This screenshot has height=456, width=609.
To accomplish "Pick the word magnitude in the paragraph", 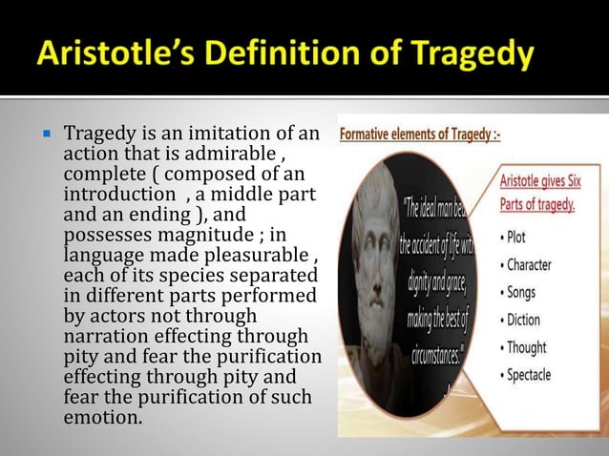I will pyautogui.click(x=192, y=235).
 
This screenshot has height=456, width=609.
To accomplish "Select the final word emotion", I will pyautogui.click(x=100, y=418).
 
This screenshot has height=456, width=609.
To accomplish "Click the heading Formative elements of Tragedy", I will pyautogui.click(x=421, y=135).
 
